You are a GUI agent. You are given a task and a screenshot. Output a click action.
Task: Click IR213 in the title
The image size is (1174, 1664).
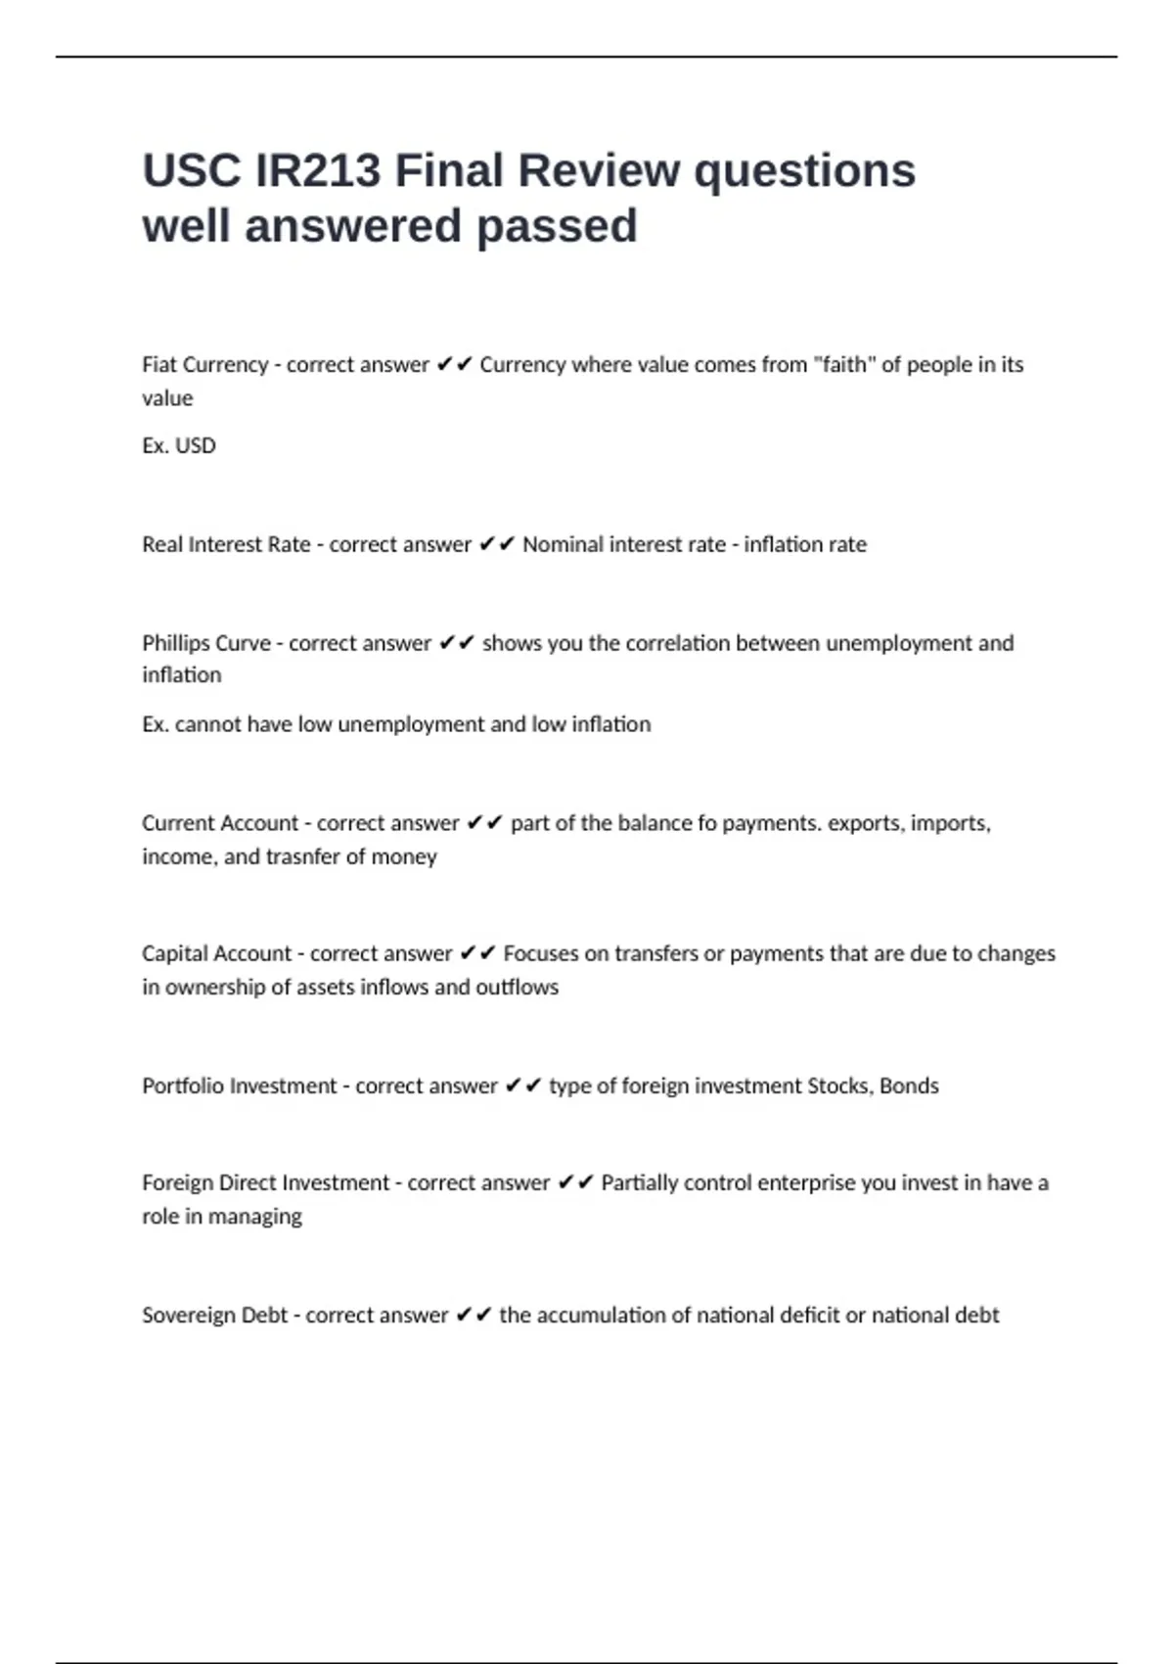[317, 170]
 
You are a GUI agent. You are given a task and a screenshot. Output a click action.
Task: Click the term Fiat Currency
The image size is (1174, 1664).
[204, 365]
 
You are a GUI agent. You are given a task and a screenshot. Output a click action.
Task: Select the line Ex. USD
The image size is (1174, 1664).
[179, 445]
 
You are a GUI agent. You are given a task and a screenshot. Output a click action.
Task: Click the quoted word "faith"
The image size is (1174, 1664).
[844, 364]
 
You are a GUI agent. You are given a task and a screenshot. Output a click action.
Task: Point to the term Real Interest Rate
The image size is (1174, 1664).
[226, 544]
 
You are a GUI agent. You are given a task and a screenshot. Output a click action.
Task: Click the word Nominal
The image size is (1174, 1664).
[562, 544]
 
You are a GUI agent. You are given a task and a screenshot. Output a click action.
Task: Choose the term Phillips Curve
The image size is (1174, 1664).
[206, 643]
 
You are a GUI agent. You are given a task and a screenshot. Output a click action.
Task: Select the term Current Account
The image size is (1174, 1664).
[220, 823]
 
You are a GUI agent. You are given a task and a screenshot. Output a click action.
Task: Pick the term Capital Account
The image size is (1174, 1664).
[216, 953]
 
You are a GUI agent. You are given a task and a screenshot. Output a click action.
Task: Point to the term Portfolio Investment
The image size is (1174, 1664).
[240, 1086]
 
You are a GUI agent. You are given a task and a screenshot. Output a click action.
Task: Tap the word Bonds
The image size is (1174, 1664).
[909, 1086]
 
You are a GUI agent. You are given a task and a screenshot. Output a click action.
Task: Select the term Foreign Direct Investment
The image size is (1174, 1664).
[266, 1182]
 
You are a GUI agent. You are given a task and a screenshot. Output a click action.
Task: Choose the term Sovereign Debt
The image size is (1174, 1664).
[214, 1315]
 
